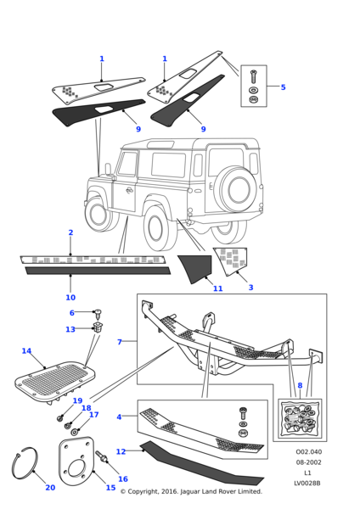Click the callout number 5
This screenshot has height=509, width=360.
click(283, 87)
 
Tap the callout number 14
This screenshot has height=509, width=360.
click(26, 351)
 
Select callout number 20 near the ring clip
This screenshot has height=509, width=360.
click(50, 487)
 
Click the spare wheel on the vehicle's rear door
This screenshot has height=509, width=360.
click(236, 189)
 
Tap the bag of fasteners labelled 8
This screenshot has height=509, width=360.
click(300, 418)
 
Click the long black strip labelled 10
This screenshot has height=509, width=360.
click(98, 271)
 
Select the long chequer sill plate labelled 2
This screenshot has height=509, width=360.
click(93, 260)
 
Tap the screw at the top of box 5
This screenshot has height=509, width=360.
click(253, 76)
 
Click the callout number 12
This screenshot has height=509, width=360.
click(121, 451)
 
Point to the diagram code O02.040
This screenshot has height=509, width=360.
click(309, 452)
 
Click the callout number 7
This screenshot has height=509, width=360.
click(120, 342)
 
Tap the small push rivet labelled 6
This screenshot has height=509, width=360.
click(98, 314)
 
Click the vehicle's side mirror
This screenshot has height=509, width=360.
click(108, 169)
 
